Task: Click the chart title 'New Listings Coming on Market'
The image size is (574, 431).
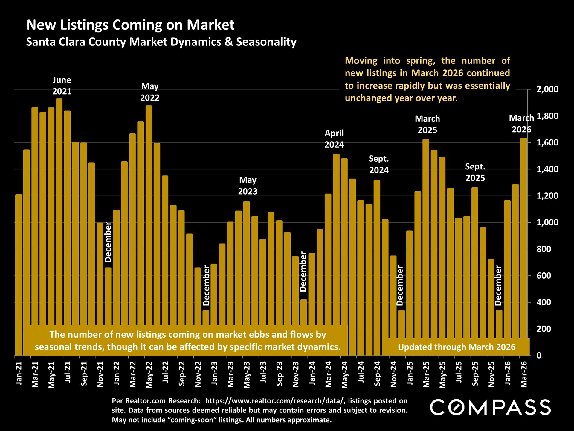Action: (130, 25)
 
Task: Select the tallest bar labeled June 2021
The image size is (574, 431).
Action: (59, 210)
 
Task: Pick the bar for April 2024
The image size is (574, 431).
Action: (336, 239)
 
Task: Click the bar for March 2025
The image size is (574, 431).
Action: (426, 233)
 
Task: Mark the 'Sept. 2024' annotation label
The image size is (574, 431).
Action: (379, 164)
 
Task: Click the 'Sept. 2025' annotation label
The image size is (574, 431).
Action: (475, 172)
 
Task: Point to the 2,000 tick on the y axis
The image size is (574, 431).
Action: (547, 89)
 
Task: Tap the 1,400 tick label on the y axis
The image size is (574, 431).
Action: (547, 169)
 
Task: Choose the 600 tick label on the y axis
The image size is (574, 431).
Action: (544, 276)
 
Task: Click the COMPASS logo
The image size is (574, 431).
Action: (490, 407)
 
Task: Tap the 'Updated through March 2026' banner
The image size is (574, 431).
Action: (457, 347)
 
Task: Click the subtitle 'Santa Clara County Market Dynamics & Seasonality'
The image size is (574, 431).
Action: (161, 42)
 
